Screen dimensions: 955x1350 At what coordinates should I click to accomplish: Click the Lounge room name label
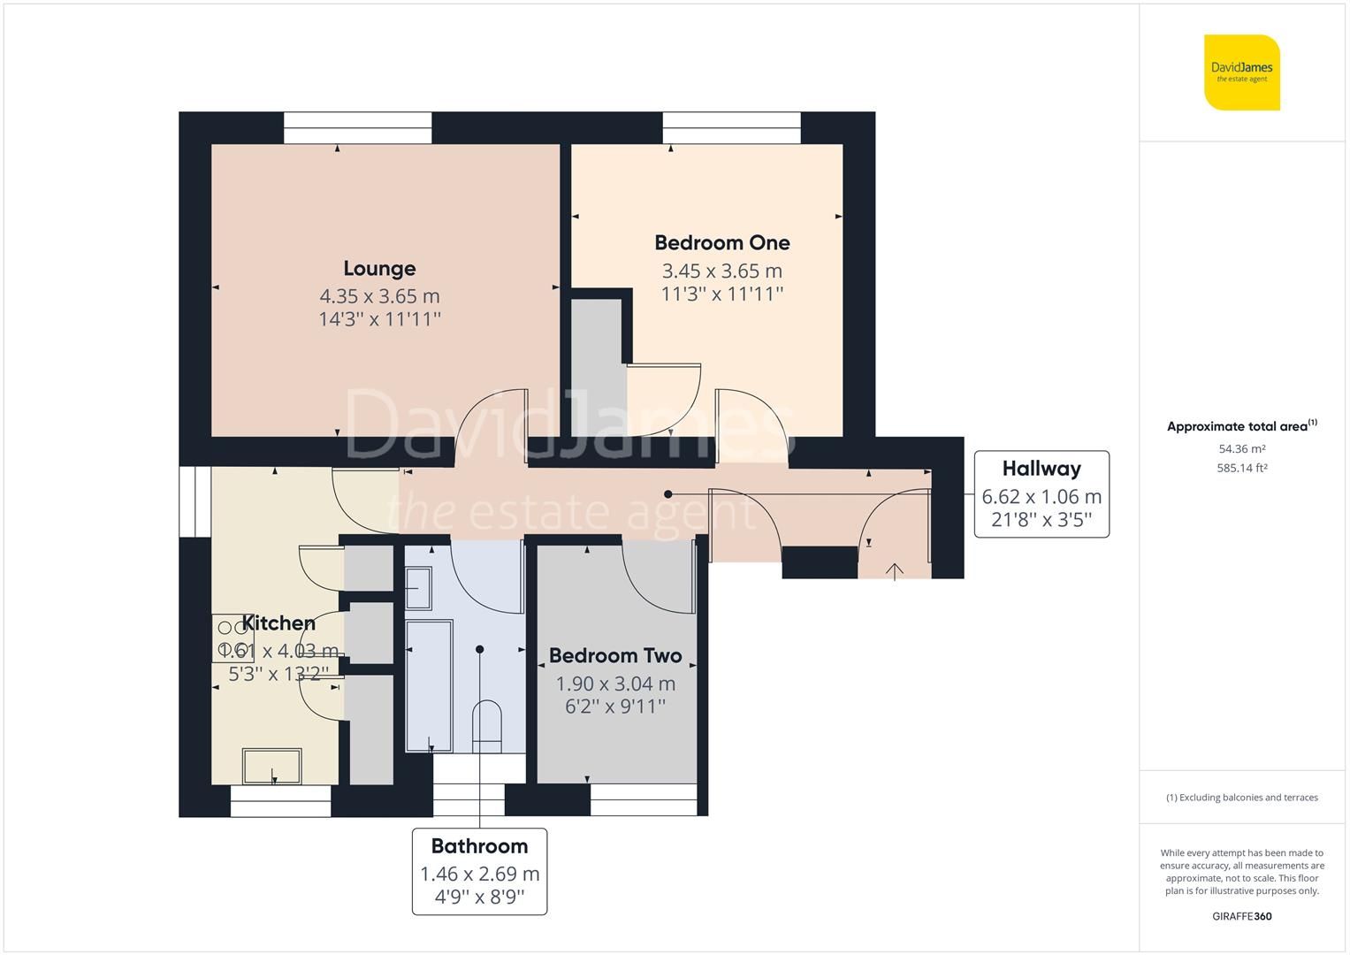click(379, 269)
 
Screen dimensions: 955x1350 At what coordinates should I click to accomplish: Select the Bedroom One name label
click(721, 243)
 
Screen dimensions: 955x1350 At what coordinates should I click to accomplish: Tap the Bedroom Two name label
click(615, 656)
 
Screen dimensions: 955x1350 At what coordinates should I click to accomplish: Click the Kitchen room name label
click(278, 623)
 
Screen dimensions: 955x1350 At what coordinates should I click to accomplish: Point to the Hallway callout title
click(1041, 469)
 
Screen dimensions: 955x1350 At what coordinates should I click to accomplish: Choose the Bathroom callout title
click(479, 846)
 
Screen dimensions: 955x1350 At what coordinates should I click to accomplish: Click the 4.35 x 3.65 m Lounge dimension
click(379, 296)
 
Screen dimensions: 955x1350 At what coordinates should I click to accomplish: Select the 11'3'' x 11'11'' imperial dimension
click(721, 294)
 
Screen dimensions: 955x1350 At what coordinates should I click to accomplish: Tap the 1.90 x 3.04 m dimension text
click(615, 684)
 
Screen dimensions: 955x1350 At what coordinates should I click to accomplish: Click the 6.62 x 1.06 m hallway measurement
click(1041, 497)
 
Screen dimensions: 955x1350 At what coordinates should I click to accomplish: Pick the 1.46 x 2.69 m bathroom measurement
click(479, 874)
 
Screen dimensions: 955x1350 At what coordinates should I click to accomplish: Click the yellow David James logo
click(1242, 73)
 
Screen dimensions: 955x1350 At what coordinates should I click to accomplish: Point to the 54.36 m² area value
click(1241, 449)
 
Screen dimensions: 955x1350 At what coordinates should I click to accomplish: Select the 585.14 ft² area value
click(1241, 469)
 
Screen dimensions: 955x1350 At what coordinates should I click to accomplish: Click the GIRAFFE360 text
click(1241, 916)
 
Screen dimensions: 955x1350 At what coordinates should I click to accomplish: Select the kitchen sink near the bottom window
click(272, 766)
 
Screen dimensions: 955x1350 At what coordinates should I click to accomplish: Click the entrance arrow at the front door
click(894, 572)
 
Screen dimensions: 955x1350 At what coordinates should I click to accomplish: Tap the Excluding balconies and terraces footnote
click(1241, 798)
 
